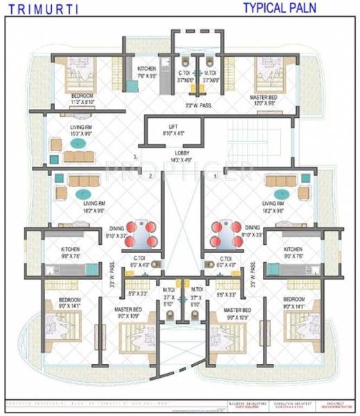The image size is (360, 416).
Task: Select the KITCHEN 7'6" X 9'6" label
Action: click(x=146, y=71)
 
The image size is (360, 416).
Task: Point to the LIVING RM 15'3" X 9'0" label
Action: click(x=80, y=131)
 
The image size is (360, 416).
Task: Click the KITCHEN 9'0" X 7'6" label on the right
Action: click(x=293, y=252)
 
